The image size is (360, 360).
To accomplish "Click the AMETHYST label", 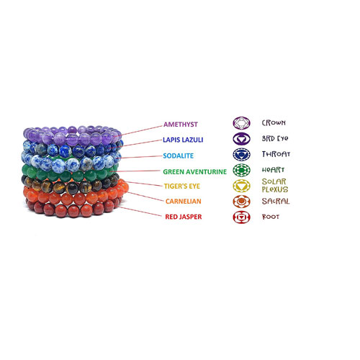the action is [x=181, y=125].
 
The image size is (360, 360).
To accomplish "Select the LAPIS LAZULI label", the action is [x=183, y=140].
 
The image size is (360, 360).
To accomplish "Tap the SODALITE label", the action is [x=178, y=156].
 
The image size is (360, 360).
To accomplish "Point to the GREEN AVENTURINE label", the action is [x=194, y=171].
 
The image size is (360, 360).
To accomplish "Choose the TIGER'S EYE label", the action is [x=182, y=186].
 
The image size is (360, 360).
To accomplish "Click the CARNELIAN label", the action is [x=184, y=201].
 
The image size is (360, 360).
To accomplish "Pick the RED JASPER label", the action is [x=184, y=217].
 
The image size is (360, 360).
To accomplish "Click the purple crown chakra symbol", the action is [x=241, y=123].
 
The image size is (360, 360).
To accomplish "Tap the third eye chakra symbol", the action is [x=241, y=139].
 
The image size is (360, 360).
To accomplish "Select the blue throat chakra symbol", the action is [x=241, y=154].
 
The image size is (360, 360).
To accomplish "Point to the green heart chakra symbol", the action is [x=241, y=170].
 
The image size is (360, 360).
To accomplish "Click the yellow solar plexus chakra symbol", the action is [x=241, y=186].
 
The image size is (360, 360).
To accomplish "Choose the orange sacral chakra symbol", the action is [x=241, y=202].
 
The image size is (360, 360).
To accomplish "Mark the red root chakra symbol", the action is [x=241, y=217].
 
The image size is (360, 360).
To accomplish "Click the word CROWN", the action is [x=274, y=123].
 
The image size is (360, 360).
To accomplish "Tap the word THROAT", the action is [x=276, y=154].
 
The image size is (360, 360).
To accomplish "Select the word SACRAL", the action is [x=276, y=201].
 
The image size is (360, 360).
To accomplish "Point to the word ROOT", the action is [x=271, y=217].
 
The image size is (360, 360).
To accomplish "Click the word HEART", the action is [x=273, y=170].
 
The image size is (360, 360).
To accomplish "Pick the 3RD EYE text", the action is [x=275, y=138].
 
